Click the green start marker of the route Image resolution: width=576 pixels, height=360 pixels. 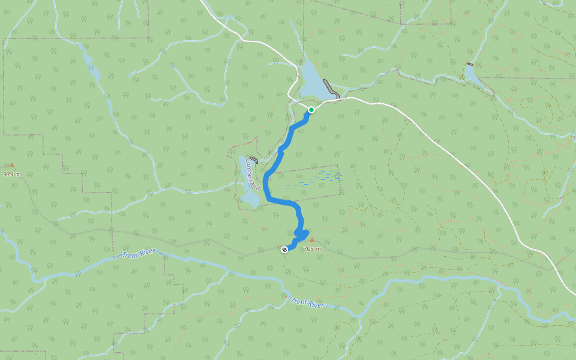[311, 110]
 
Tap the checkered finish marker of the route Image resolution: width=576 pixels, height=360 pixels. [284, 250]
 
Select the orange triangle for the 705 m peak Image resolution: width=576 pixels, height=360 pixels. [311, 240]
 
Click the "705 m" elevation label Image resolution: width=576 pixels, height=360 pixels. [312, 248]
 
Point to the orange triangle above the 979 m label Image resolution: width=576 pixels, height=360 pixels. [11, 165]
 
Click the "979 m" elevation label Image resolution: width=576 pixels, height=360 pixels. [11, 174]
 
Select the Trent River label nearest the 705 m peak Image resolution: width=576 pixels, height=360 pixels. [307, 304]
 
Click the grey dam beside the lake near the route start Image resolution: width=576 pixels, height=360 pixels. [331, 89]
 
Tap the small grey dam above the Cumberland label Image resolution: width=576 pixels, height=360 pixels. [254, 160]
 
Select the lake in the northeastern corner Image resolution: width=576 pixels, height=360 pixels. [472, 74]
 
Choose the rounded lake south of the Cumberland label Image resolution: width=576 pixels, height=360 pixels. [251, 199]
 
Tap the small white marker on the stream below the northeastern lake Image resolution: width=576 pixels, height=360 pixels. [493, 94]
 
